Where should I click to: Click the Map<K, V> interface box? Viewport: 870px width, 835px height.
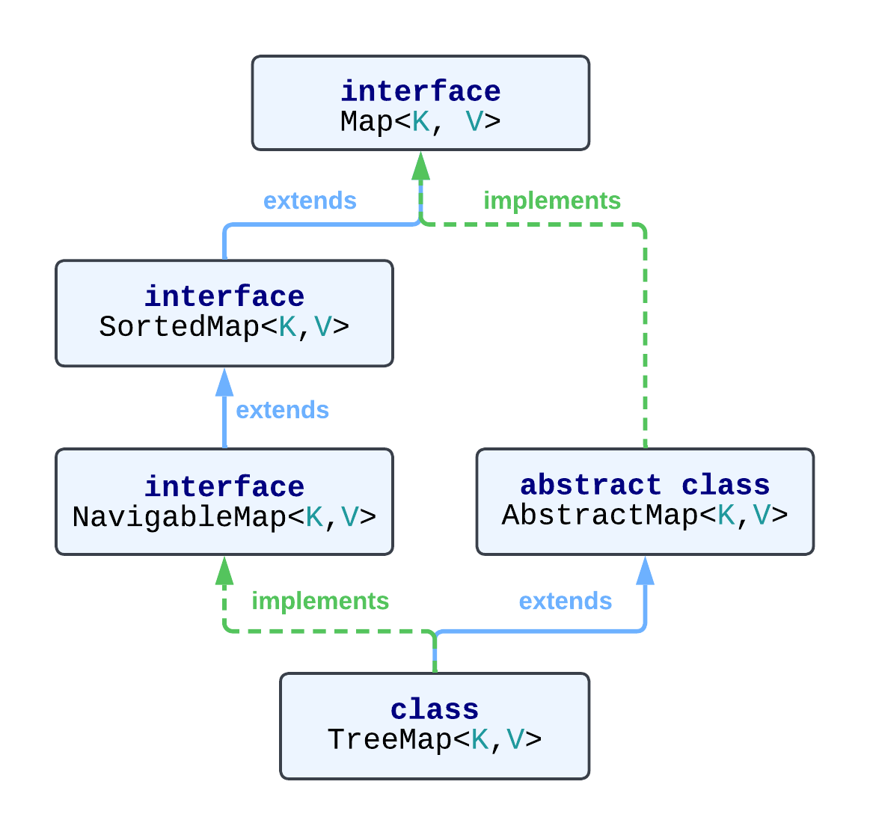click(420, 103)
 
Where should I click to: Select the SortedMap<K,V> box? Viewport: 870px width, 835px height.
click(224, 313)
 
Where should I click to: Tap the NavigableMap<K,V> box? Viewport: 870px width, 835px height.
click(224, 501)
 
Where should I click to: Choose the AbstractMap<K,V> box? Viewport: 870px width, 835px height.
click(645, 501)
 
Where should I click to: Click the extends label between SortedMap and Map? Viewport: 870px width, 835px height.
click(310, 201)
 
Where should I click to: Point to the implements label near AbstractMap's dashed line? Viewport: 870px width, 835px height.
click(552, 201)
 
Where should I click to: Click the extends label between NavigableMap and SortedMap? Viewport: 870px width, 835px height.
click(282, 410)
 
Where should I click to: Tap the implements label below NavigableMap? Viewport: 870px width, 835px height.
click(320, 601)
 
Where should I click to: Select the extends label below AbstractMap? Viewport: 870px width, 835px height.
click(566, 601)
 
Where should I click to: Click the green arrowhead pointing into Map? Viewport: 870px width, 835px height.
click(420, 166)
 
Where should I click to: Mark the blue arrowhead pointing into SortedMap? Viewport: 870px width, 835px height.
click(224, 382)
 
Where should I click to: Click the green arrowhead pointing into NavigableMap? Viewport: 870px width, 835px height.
click(224, 571)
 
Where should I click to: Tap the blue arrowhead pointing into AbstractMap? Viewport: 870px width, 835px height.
click(645, 571)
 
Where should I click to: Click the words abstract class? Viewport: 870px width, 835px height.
click(645, 485)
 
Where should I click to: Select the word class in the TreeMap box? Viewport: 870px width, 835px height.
click(435, 709)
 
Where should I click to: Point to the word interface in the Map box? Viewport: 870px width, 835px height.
click(420, 91)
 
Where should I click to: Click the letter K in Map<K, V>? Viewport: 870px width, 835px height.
click(421, 121)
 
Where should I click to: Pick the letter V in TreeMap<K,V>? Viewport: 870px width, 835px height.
click(515, 739)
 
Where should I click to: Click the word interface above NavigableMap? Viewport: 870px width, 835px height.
click(224, 486)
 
